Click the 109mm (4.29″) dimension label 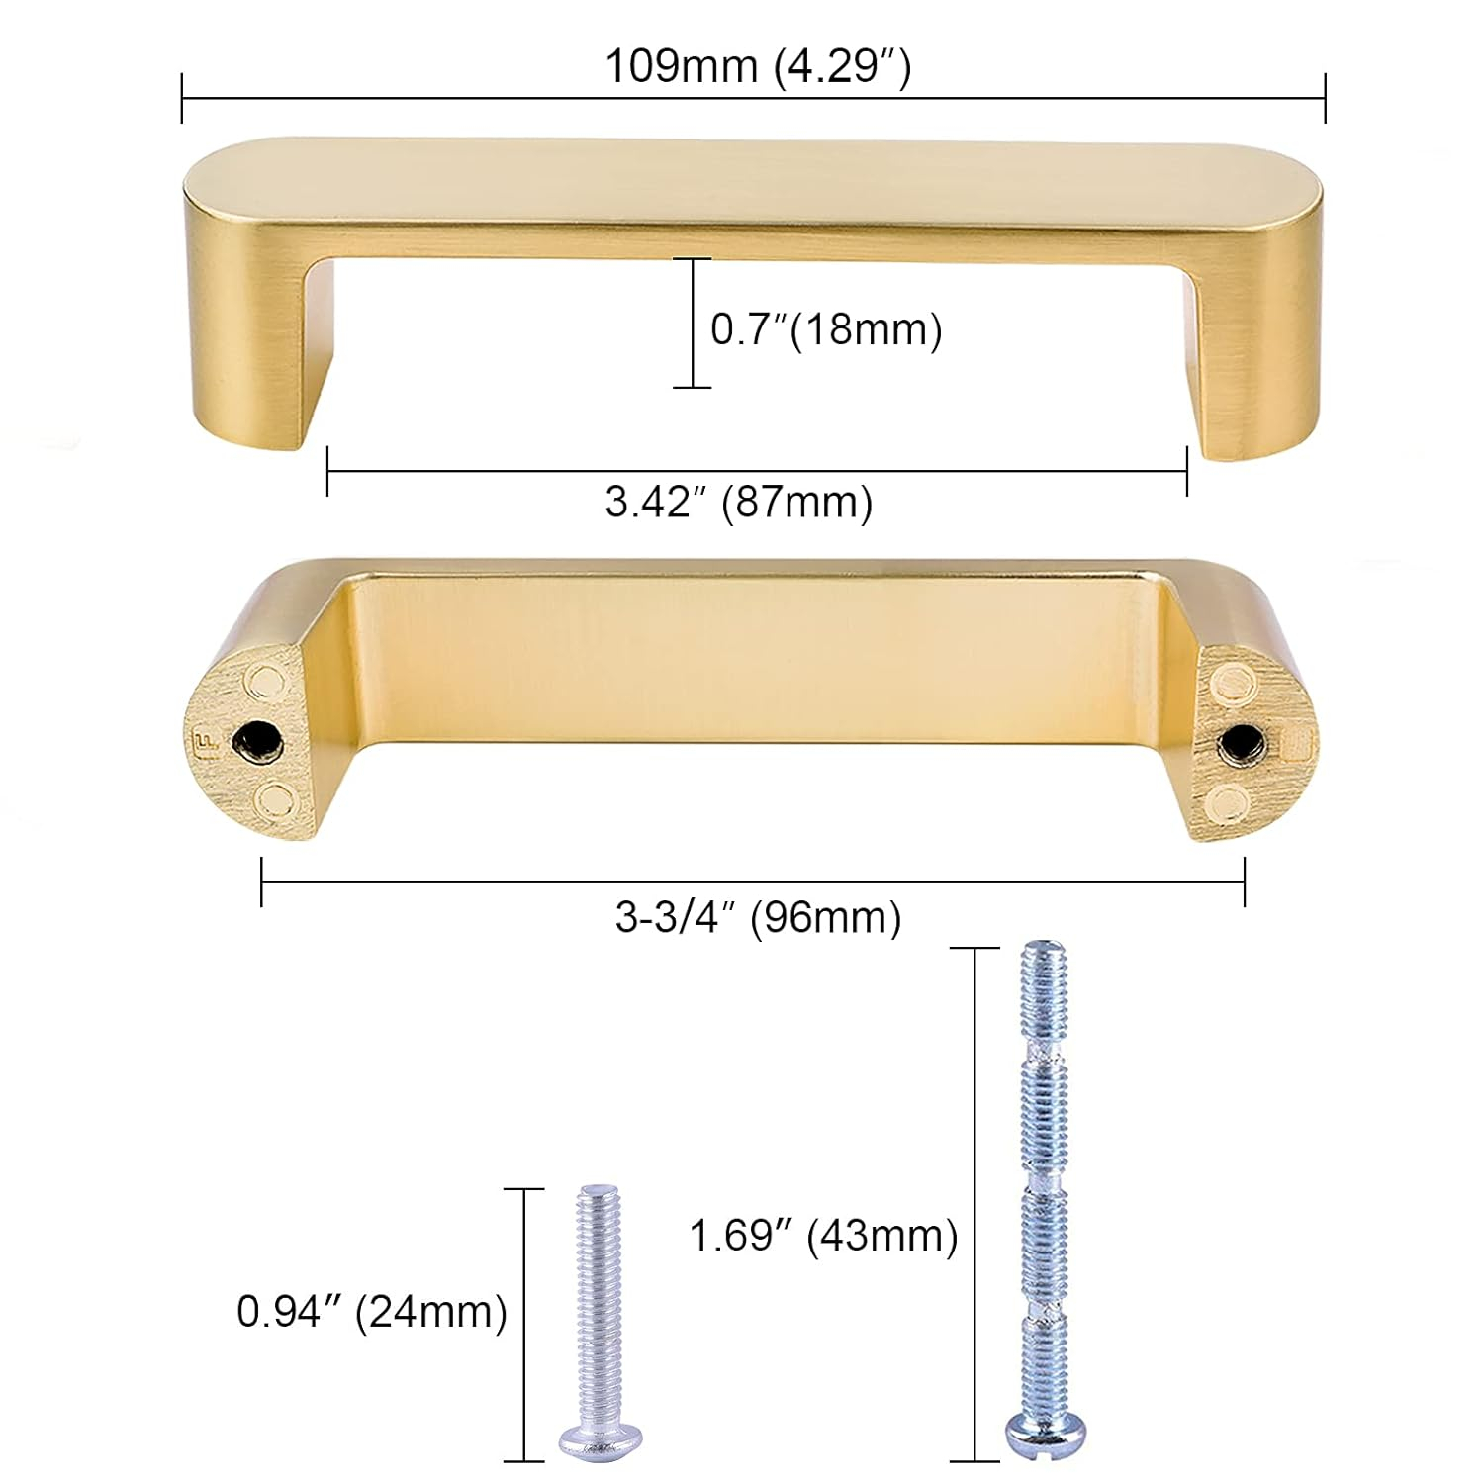[x=757, y=67]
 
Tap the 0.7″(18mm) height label [x=826, y=328]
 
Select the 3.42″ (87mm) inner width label [x=739, y=502]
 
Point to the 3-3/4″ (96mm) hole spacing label [x=758, y=917]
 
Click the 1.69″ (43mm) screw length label [x=823, y=1236]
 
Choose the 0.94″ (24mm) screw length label [x=371, y=1312]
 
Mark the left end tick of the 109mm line [x=183, y=98]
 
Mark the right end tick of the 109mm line [x=1325, y=98]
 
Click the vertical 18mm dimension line [x=692, y=323]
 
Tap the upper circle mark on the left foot [x=265, y=680]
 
